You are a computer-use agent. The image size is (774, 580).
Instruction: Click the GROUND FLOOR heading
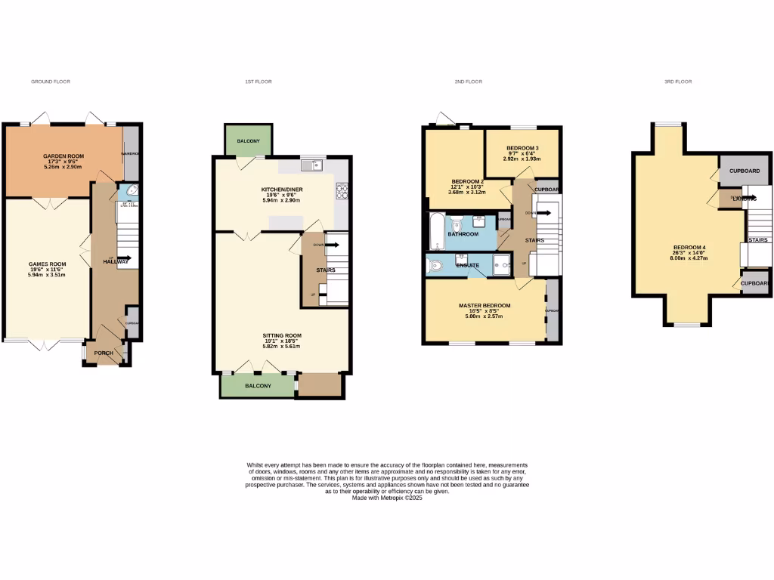pos(51,82)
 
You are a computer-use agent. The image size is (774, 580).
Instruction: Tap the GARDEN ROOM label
pos(63,156)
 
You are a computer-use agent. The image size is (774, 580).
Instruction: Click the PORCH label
pos(104,353)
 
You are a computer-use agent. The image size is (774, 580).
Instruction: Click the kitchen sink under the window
pos(311,165)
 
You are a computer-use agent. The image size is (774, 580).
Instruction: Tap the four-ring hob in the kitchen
pos(341,192)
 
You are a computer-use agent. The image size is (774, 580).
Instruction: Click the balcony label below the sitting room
pos(258,386)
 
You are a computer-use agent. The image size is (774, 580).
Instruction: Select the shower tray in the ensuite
pos(501,264)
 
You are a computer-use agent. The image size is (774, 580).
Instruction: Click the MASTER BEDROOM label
pos(485,306)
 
